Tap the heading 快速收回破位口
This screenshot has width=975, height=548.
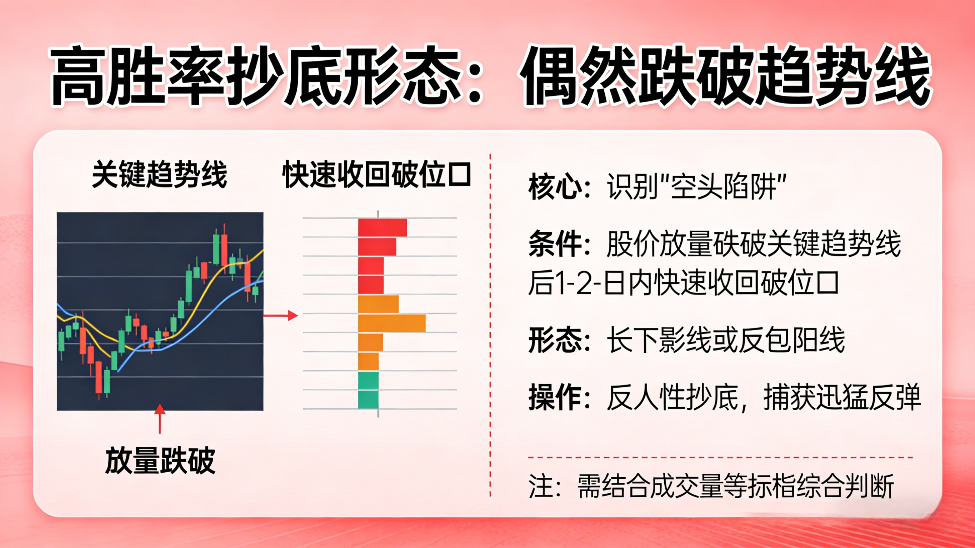coord(376,175)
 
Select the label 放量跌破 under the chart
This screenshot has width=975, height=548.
coord(160,461)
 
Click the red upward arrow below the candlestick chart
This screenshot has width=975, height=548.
coord(160,418)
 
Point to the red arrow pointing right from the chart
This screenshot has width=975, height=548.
coord(281,315)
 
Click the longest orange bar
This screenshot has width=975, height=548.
coord(392,323)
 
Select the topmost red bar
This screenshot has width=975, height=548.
coord(382,228)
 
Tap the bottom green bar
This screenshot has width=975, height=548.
coord(368,399)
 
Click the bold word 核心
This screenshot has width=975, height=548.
coord(555,187)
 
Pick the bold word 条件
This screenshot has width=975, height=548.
coord(555,244)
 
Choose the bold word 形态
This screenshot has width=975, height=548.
coord(555,340)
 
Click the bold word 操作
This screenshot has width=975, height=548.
coord(555,397)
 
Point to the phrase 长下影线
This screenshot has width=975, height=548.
coord(659,340)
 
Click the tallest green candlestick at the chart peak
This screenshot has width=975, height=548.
coord(216,248)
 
